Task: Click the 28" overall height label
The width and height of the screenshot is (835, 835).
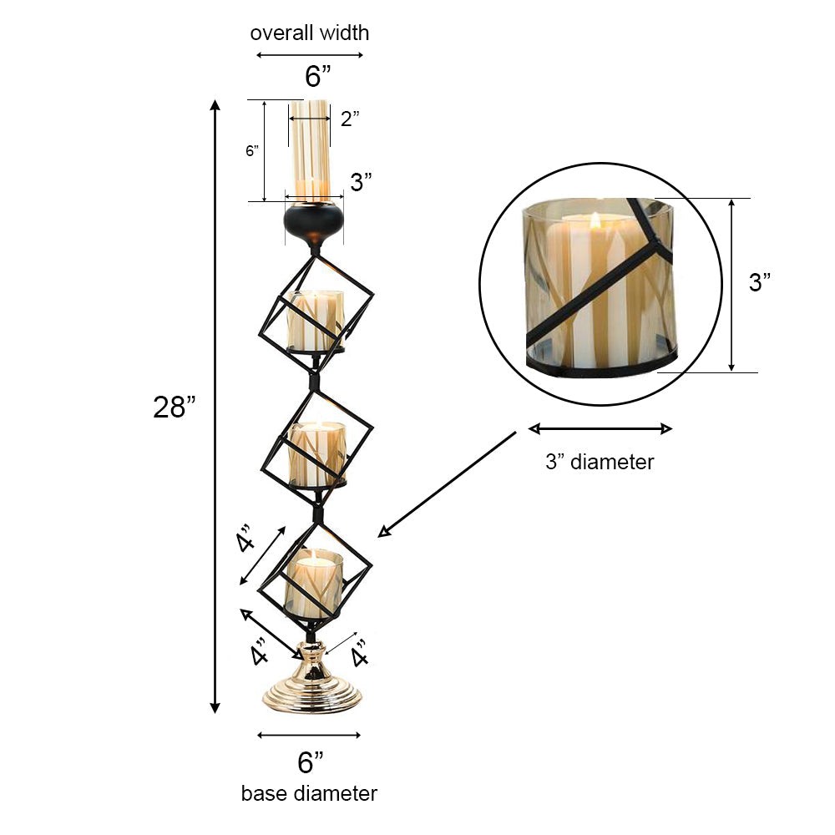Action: [x=175, y=407]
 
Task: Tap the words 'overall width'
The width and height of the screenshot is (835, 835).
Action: [x=309, y=33]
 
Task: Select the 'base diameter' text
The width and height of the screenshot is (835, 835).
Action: [x=309, y=792]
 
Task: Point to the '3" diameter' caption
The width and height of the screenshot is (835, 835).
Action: [x=600, y=462]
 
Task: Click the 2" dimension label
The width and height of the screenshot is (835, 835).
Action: [x=350, y=119]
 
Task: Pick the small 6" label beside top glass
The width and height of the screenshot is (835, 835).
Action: [x=252, y=151]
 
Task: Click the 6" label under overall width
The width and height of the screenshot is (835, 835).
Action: [x=317, y=77]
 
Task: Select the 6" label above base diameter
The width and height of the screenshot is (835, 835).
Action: [x=311, y=762]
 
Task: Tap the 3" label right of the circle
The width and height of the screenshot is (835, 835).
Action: [x=760, y=282]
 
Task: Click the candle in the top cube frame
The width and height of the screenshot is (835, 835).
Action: [x=316, y=321]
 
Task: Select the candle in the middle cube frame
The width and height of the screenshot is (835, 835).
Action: [x=316, y=453]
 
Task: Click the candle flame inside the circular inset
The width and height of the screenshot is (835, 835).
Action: [x=596, y=221]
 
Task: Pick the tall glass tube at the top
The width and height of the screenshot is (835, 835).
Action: [x=310, y=150]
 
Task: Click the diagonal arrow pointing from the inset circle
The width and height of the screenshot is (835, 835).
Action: [x=447, y=484]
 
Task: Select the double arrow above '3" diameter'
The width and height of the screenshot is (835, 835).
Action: [x=600, y=429]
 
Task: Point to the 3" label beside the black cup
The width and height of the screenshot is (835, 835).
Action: [x=361, y=183]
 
